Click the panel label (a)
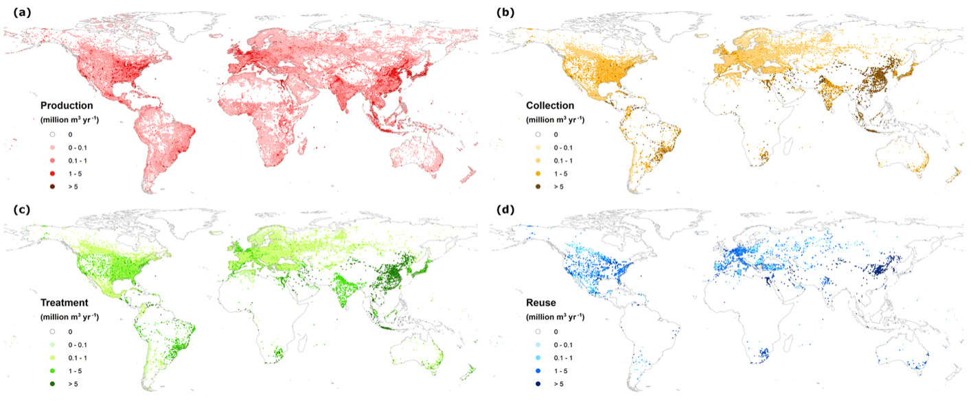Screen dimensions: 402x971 click(x=16, y=12)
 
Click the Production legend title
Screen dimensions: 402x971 click(x=67, y=106)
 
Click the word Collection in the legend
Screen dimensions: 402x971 click(x=551, y=106)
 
